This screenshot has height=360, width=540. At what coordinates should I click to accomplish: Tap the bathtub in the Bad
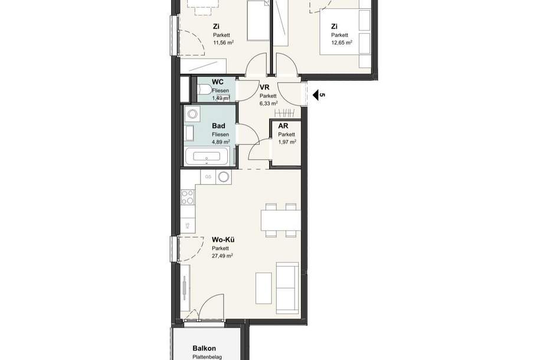pyautogui.click(x=207, y=157)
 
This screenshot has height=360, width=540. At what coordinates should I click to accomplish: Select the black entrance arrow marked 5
pyautogui.click(x=316, y=95)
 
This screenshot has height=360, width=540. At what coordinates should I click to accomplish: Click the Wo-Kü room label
pyautogui.click(x=223, y=240)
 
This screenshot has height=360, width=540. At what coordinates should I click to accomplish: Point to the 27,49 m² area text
pyautogui.click(x=222, y=256)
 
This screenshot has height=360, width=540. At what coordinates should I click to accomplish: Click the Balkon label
pyautogui.click(x=204, y=348)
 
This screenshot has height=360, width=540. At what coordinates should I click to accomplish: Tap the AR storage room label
pyautogui.click(x=283, y=126)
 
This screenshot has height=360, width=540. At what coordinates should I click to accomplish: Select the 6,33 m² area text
pyautogui.click(x=269, y=103)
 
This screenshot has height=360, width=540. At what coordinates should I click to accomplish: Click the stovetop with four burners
pyautogui.click(x=188, y=198)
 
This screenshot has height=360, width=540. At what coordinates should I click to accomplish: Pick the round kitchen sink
pyautogui.click(x=224, y=177)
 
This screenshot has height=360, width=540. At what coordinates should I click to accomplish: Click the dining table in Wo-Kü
pyautogui.click(x=281, y=220)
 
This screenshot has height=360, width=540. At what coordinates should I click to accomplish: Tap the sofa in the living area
pyautogui.click(x=288, y=287)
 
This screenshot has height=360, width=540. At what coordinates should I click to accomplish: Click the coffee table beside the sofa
pyautogui.click(x=263, y=288)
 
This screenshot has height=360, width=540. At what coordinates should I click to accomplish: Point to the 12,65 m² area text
pyautogui.click(x=342, y=42)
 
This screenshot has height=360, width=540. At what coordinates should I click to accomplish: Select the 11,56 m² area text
pyautogui.click(x=224, y=42)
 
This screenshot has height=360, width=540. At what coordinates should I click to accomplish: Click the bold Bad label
pyautogui.click(x=218, y=126)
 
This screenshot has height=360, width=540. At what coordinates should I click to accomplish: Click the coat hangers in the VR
pyautogui.click(x=285, y=113)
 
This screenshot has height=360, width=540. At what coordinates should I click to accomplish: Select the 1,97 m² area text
pyautogui.click(x=287, y=142)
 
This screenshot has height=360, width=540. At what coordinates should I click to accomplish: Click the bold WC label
pyautogui.click(x=218, y=82)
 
